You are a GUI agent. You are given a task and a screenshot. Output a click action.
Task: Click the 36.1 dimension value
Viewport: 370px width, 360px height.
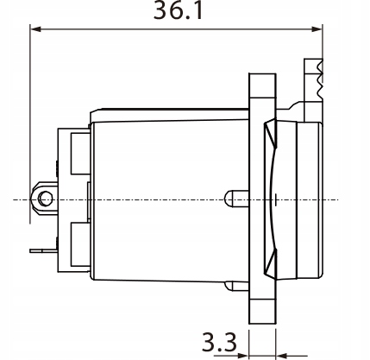click(179, 11)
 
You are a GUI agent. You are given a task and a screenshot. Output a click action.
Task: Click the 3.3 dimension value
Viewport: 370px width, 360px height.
click(219, 342)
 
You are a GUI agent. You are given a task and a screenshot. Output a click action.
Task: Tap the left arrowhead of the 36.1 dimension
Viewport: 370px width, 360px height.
click(35, 29)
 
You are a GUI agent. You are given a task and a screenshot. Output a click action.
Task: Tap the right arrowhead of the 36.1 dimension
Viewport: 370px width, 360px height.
click(317, 29)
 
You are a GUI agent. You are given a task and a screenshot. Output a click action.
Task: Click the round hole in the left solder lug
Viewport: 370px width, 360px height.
click(45, 199)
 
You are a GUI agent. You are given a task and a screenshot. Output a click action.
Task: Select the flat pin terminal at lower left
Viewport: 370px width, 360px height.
click(43, 250)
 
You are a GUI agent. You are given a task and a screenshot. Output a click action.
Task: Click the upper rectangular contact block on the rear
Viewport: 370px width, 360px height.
click(81, 153)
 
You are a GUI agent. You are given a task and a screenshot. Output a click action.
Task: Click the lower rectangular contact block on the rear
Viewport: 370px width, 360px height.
click(81, 243)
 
